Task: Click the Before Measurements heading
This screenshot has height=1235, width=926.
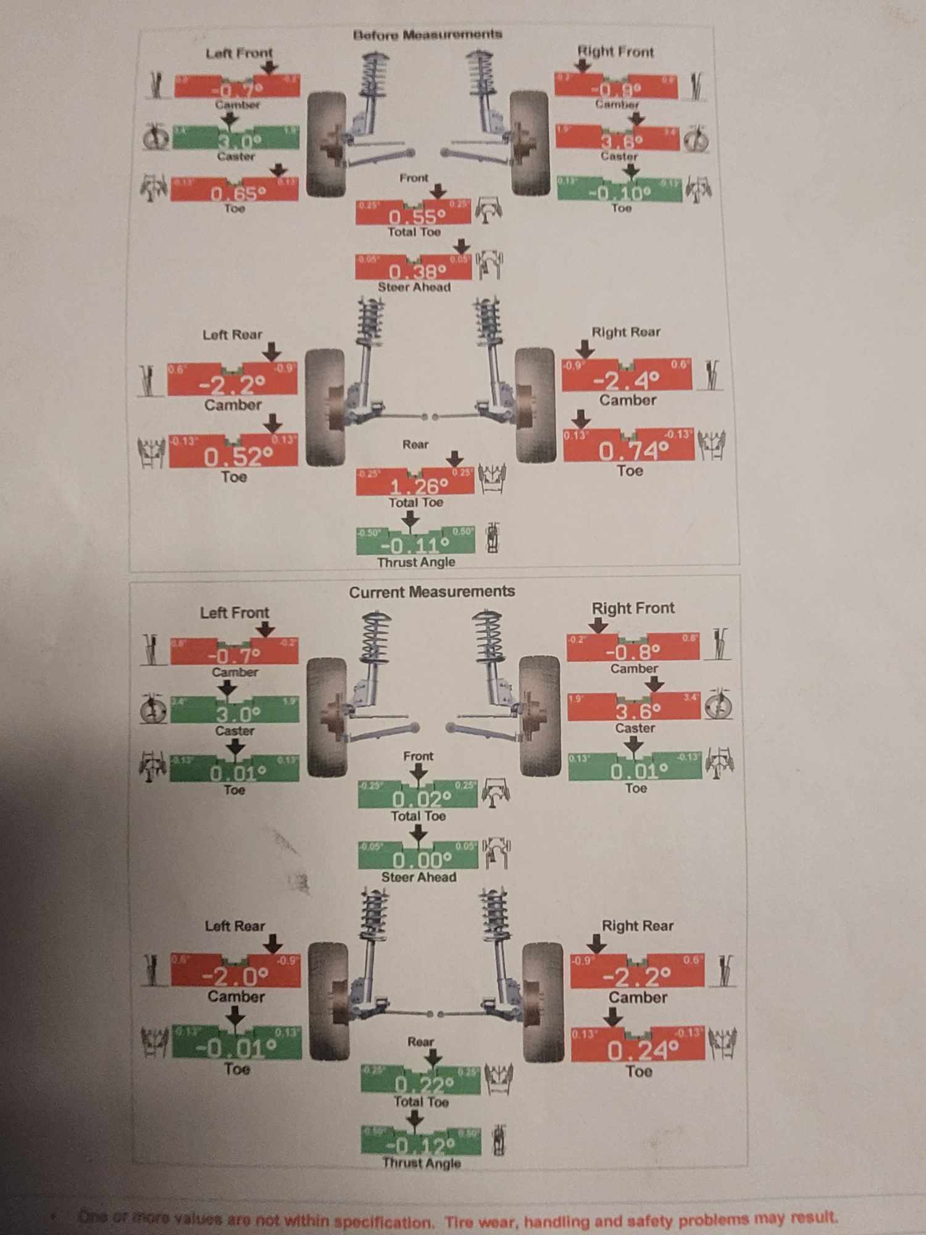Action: tap(427, 35)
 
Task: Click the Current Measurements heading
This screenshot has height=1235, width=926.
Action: tap(432, 592)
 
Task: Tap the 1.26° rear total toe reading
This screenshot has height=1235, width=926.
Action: tap(418, 487)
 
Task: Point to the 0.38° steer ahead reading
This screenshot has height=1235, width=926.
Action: tap(417, 272)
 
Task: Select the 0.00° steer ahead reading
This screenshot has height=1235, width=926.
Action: tap(422, 860)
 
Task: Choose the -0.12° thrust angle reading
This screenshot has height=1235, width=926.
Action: tap(420, 1147)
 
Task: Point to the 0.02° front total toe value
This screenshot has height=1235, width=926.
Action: tap(421, 799)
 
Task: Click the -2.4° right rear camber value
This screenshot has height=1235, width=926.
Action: tap(626, 380)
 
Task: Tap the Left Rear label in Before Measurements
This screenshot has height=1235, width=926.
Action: tap(232, 335)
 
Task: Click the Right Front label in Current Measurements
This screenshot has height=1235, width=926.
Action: tap(633, 608)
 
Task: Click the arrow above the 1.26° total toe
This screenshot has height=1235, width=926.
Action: tap(455, 458)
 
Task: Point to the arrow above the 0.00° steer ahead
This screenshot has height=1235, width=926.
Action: tap(419, 834)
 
